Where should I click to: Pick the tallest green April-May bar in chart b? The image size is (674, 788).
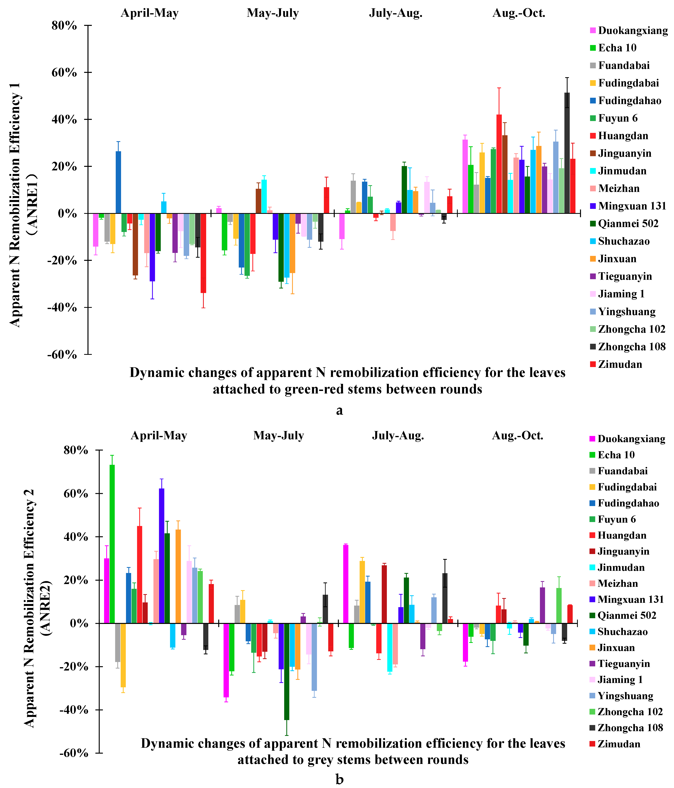click(112, 544)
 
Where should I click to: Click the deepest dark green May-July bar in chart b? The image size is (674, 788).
click(286, 671)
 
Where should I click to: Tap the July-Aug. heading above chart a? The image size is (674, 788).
click(396, 13)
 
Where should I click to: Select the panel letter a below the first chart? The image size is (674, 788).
click(339, 410)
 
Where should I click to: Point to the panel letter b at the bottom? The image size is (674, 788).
click(339, 780)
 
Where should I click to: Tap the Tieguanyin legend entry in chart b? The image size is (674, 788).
click(624, 664)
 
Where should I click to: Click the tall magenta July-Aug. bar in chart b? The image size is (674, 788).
click(345, 584)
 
